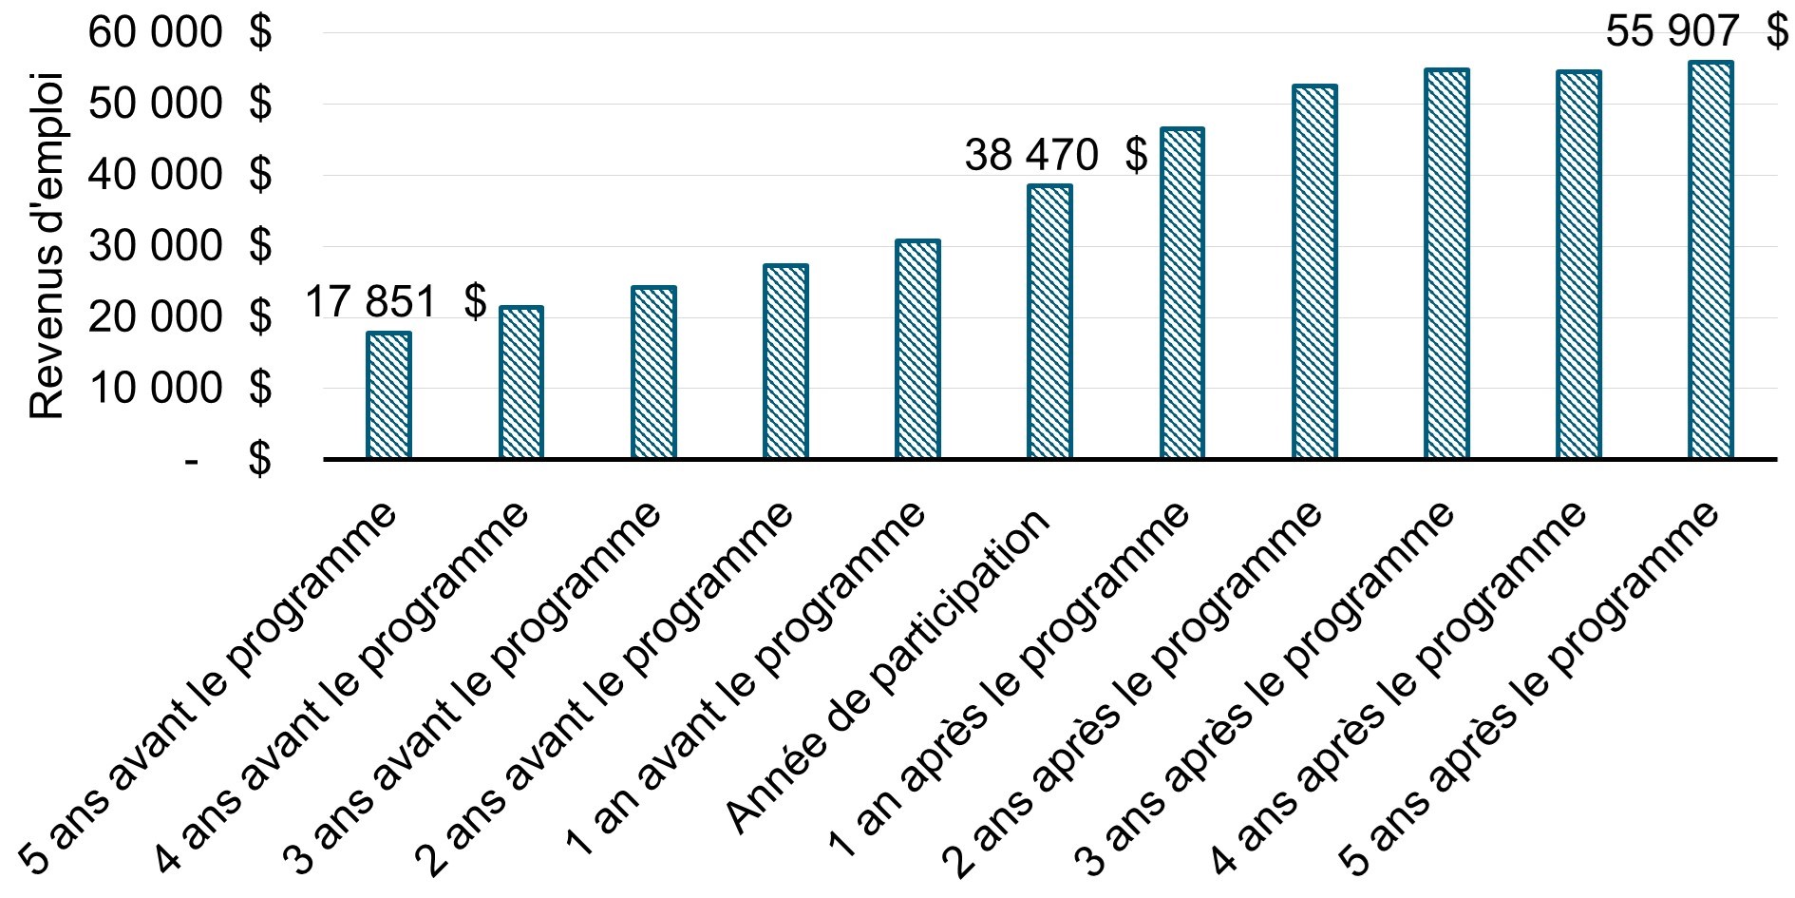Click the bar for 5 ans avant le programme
pyautogui.click(x=388, y=395)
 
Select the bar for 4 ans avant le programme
pyautogui.click(x=520, y=383)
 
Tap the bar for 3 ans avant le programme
pyautogui.click(x=653, y=373)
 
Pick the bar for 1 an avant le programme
pyautogui.click(x=917, y=350)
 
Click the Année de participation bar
pyautogui.click(x=1049, y=322)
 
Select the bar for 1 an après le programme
pyautogui.click(x=1181, y=294)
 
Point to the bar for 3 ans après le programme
pyautogui.click(x=1446, y=264)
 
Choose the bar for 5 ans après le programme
pyautogui.click(x=1710, y=260)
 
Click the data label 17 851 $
pyautogui.click(x=395, y=303)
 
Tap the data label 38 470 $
pyautogui.click(x=1055, y=155)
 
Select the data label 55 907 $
pyautogui.click(x=1696, y=32)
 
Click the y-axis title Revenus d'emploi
pyautogui.click(x=46, y=245)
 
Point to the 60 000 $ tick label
pyautogui.click(x=179, y=33)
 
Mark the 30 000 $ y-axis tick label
pyautogui.click(x=179, y=246)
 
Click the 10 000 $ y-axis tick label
pyautogui.click(x=179, y=389)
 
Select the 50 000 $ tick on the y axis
pyautogui.click(x=179, y=105)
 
